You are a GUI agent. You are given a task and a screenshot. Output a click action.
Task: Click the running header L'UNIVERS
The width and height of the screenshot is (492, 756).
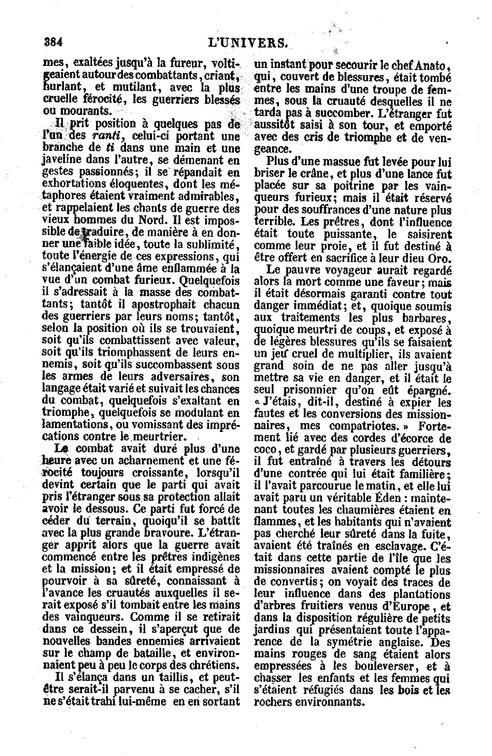(x=247, y=43)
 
